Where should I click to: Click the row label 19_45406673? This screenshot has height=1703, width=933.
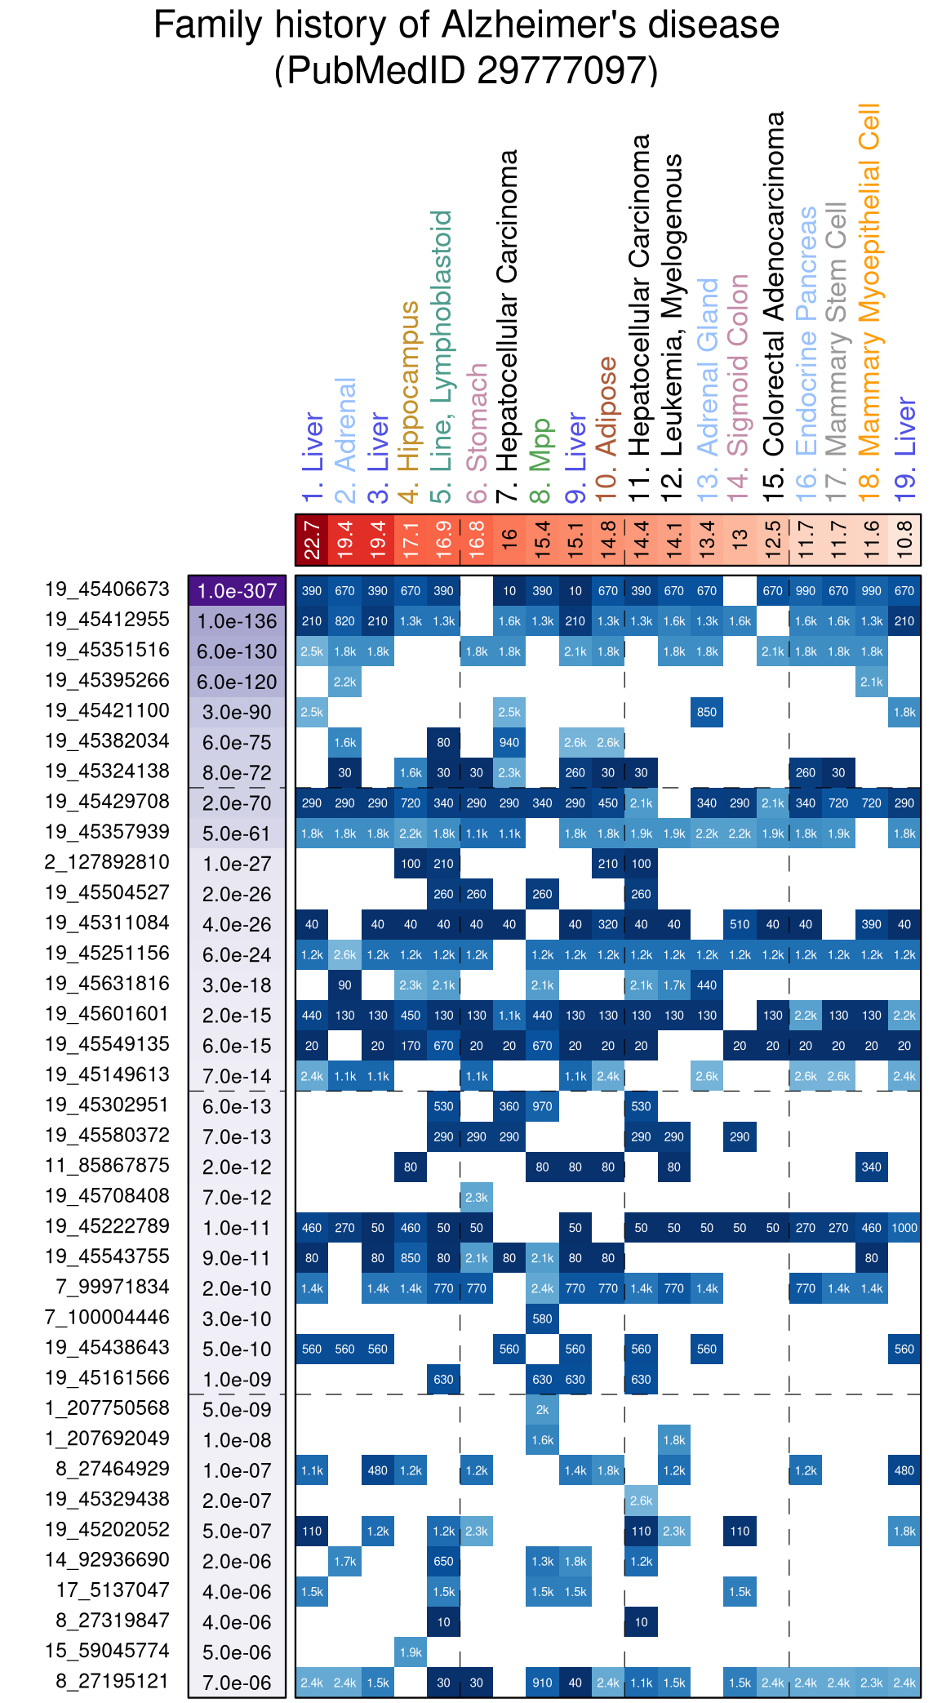tap(107, 589)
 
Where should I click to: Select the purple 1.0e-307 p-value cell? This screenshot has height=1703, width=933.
tap(237, 591)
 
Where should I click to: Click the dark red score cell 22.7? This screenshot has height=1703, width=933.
tap(312, 540)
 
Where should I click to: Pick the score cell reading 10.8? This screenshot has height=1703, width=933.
tap(904, 540)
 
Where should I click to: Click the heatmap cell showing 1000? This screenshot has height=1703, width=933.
tap(904, 1228)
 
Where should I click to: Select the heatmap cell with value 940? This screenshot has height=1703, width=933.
tap(509, 743)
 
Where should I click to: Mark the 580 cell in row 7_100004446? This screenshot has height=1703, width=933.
tap(542, 1318)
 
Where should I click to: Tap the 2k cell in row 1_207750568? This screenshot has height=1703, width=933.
tap(542, 1410)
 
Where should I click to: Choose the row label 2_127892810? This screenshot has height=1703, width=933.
tap(107, 862)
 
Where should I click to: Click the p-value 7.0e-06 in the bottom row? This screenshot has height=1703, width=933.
tap(237, 1683)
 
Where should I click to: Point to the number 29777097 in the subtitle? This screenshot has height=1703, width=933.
tap(562, 70)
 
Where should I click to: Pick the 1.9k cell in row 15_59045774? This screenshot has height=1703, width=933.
tap(411, 1652)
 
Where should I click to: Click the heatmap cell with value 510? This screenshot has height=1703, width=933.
tap(740, 924)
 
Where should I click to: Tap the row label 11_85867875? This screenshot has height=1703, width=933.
tap(107, 1166)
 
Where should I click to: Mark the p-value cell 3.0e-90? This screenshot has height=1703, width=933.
tap(237, 712)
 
